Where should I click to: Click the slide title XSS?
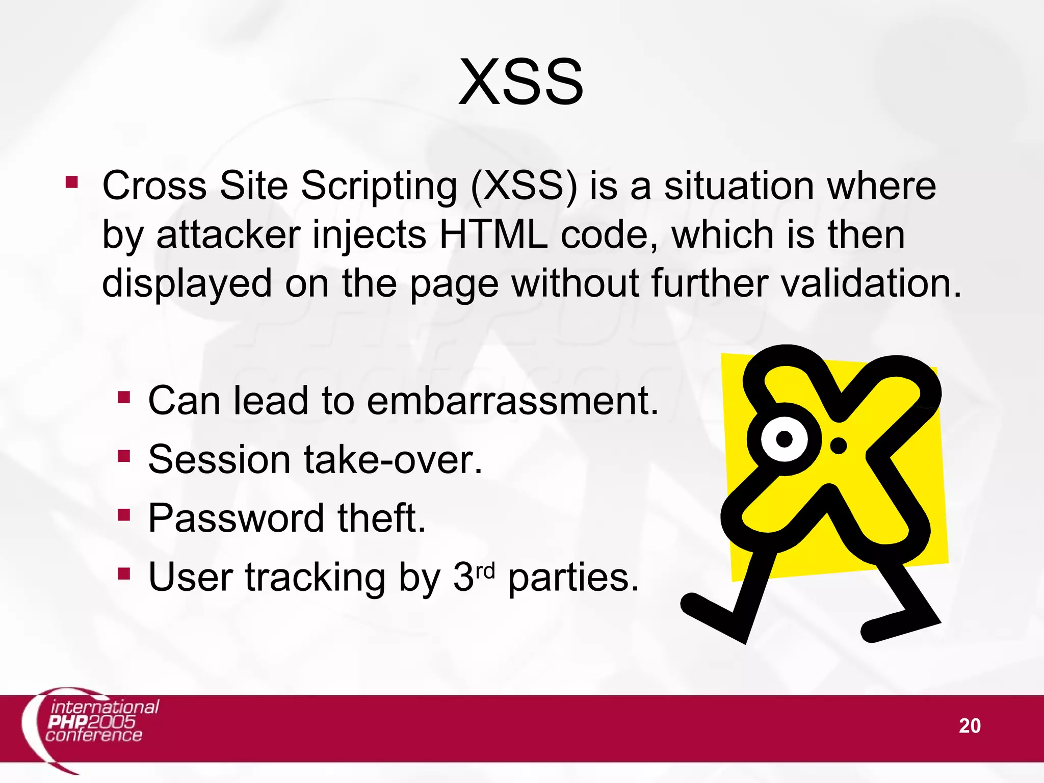(x=521, y=83)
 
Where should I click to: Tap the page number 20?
(x=970, y=726)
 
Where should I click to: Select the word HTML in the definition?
(x=493, y=235)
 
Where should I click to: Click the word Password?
(x=236, y=518)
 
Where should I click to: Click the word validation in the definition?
(x=871, y=283)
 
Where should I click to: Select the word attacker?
(x=228, y=235)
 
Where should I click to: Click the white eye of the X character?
(x=784, y=439)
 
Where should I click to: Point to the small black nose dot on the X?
(x=839, y=446)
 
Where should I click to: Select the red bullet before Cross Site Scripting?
(x=72, y=182)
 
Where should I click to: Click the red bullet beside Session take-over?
(x=124, y=455)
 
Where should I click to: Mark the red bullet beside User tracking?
(x=124, y=573)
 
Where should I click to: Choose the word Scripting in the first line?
(x=379, y=186)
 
